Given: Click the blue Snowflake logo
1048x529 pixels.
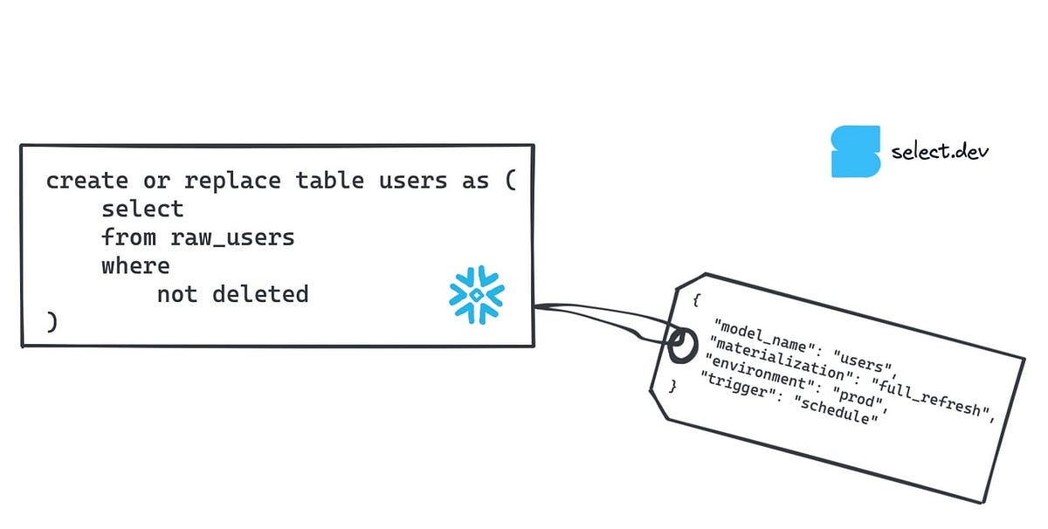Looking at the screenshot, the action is click(x=477, y=295).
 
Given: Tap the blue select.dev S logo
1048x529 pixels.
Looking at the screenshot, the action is click(x=856, y=152).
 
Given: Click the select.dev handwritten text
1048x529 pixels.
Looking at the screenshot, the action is click(x=940, y=152).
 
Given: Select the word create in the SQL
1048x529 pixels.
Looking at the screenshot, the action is click(x=86, y=181).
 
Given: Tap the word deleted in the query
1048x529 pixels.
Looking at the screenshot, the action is click(x=260, y=293).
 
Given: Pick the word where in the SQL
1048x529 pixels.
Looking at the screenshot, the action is click(x=135, y=264).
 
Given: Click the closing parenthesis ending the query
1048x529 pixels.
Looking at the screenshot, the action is click(x=52, y=321).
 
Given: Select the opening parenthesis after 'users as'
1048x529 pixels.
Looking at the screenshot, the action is click(x=510, y=181).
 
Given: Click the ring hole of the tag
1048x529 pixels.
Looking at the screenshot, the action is click(x=681, y=343).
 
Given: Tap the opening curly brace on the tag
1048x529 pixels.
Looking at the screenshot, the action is click(x=696, y=300).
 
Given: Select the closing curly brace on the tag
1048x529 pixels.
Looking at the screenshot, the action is click(x=672, y=385).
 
